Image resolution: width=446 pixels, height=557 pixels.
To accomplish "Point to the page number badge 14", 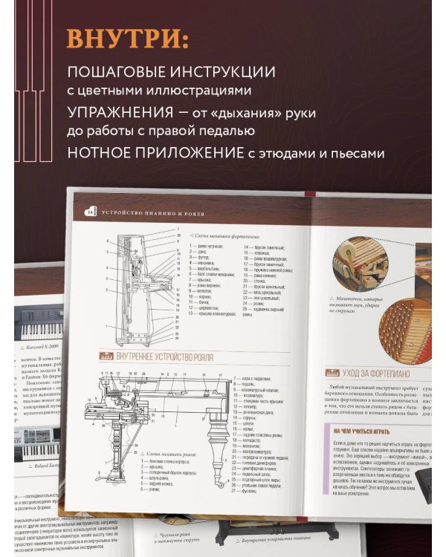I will tap(91, 212).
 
